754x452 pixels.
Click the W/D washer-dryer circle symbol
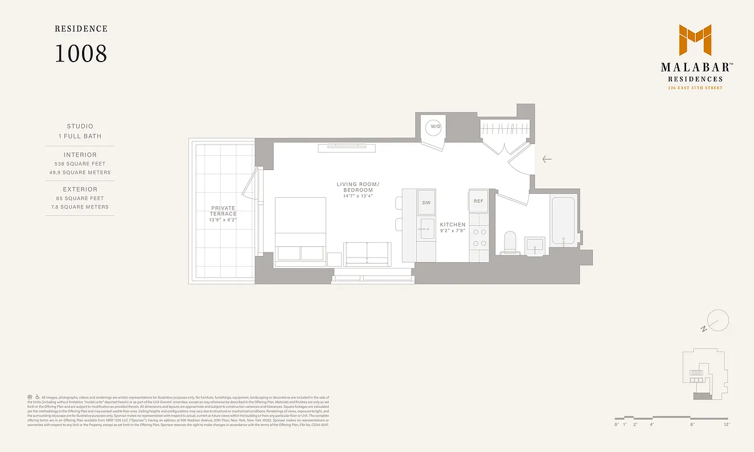click(x=435, y=127)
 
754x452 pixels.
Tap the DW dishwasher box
click(x=426, y=203)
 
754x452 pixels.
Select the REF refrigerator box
click(x=479, y=201)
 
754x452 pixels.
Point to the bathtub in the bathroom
click(x=563, y=220)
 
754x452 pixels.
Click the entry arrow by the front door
click(x=546, y=159)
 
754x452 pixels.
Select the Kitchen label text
click(x=453, y=225)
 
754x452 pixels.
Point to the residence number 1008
click(x=81, y=54)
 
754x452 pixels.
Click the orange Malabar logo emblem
click(x=695, y=40)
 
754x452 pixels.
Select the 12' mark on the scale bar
click(x=727, y=424)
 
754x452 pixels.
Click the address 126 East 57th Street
click(x=695, y=88)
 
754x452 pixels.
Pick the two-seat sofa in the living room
click(x=367, y=253)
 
